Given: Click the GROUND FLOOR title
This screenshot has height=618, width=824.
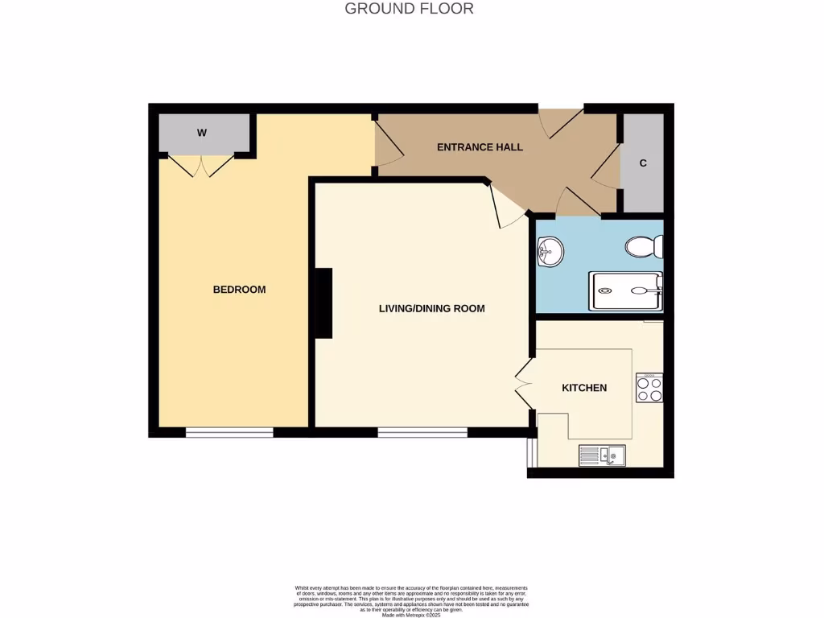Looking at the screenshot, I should pos(409,9).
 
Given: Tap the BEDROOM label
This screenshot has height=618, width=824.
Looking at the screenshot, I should pos(239,290).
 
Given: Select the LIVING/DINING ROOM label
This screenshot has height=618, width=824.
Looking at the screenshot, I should pos(432,308).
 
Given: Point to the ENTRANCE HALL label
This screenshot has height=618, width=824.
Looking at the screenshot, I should pos(480,147).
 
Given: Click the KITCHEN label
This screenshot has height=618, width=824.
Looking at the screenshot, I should pos(584,388).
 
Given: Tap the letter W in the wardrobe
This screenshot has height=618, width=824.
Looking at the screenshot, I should pos(202,133).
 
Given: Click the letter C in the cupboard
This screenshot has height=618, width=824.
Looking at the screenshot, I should pos(643,163).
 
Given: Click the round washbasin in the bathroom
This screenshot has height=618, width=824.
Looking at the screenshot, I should pos(549,251).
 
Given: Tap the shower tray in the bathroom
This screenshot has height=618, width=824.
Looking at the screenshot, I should pos(626,291).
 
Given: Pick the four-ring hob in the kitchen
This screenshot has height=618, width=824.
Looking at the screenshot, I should pos(649,388).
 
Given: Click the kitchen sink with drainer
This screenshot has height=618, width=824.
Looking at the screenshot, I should pos(602,456).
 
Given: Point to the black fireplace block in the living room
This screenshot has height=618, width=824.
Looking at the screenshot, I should pos(323,303).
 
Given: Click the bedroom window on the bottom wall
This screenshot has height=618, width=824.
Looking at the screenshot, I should pos(229,433).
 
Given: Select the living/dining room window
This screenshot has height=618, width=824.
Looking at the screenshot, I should pos(422,433).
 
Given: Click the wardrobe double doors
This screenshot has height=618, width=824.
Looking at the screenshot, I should pos(202,165).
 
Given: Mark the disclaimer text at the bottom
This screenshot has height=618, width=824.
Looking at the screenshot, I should pos(411,600).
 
